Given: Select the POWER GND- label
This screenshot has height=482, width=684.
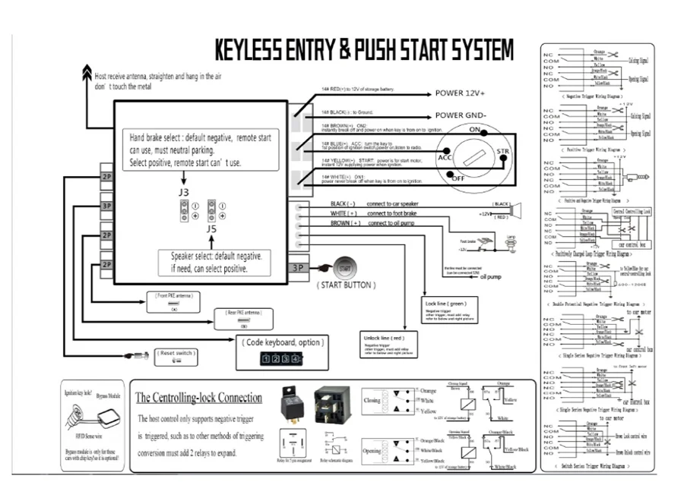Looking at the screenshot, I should [460, 116].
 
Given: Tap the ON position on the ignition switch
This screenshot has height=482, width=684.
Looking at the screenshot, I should [477, 131].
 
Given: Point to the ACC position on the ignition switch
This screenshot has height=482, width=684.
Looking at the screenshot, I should [445, 158].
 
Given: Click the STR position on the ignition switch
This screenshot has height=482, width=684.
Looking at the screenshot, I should [503, 153].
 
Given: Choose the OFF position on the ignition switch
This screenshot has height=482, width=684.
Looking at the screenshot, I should [458, 178].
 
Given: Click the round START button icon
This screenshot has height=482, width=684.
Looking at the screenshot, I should [344, 268].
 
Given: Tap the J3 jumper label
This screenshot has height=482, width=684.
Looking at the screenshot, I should [184, 193].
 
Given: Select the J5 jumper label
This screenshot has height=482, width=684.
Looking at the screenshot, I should [212, 226].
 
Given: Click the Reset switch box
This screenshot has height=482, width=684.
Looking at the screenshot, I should [177, 356].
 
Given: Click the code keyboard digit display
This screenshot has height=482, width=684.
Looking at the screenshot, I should [275, 358].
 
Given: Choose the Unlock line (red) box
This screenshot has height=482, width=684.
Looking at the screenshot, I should [388, 345].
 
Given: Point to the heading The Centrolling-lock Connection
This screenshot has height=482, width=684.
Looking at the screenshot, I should [198, 398].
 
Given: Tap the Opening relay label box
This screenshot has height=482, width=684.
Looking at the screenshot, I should [372, 450].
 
